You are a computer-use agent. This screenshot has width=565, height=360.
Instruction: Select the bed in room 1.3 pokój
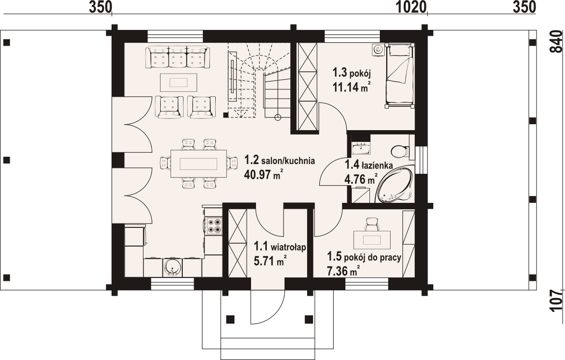(399, 76)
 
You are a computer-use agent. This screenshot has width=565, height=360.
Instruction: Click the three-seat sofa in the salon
(177, 57)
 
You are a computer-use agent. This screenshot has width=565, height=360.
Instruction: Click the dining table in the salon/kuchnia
(198, 164)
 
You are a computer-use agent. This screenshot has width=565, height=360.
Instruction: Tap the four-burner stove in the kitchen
(213, 226)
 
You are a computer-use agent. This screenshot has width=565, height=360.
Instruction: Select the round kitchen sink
(173, 267)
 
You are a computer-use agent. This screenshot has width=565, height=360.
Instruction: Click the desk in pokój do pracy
(372, 240)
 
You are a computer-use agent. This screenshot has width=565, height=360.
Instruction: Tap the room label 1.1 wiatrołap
(280, 247)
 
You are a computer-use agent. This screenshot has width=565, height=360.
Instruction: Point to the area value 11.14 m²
(352, 87)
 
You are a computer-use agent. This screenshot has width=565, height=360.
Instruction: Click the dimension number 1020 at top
(412, 7)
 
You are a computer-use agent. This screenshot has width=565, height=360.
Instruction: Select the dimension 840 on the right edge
(557, 42)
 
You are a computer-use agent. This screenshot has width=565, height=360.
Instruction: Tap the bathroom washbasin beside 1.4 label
(361, 147)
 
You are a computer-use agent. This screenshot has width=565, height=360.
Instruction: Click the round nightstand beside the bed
(378, 50)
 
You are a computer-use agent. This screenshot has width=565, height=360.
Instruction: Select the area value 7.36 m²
(343, 271)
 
